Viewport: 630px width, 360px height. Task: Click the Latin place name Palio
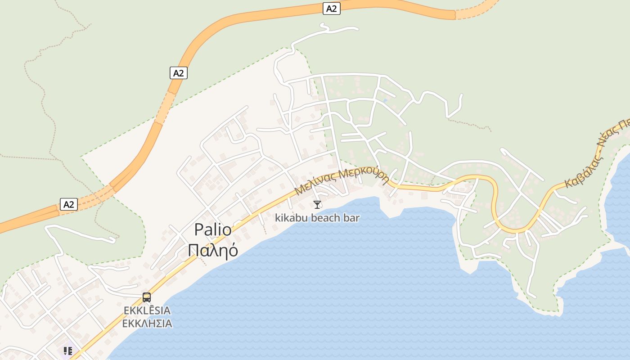tap(213, 230)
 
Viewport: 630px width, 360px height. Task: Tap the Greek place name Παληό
tap(213, 250)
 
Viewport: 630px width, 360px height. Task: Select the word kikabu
tap(289, 218)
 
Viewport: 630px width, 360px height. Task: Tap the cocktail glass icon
tap(317, 205)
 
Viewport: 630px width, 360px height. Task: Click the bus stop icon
tap(147, 297)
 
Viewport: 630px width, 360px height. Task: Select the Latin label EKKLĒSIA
tap(147, 310)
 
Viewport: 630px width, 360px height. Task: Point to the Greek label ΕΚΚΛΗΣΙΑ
tap(147, 324)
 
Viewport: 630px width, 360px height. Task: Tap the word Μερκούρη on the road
tap(364, 175)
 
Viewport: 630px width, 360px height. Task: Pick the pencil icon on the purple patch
tap(68, 351)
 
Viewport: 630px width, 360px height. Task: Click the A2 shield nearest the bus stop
tap(68, 205)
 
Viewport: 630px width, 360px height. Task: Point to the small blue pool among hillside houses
tap(385, 100)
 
